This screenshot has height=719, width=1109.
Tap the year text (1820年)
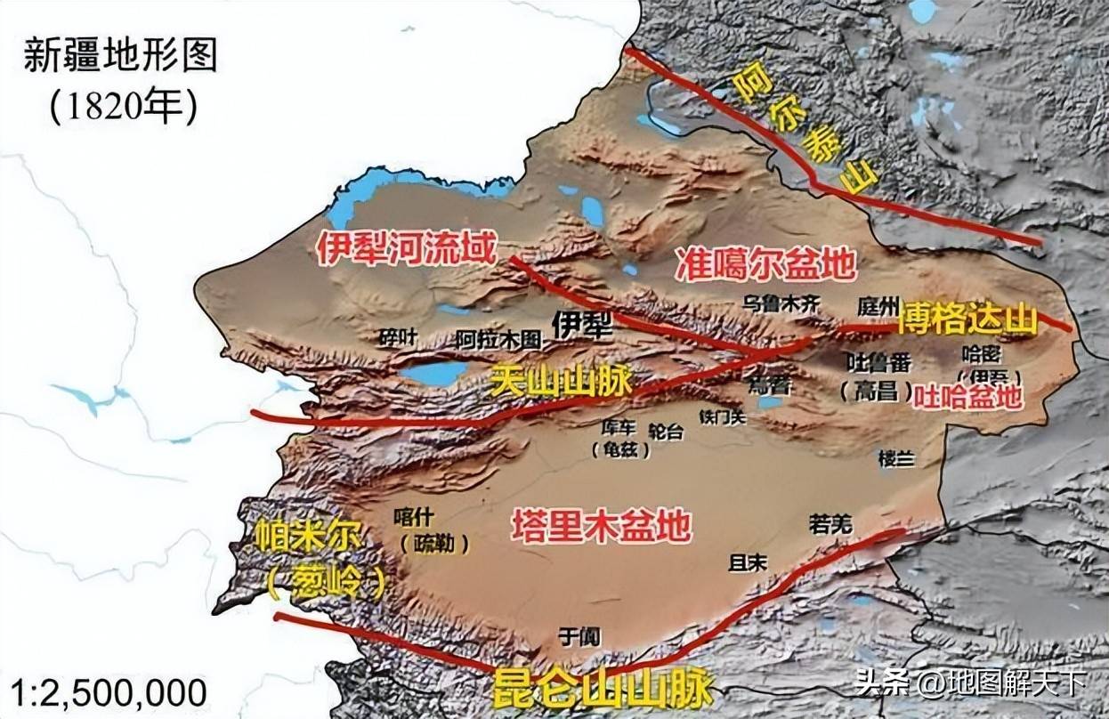coord(120,106)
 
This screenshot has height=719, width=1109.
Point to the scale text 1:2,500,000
coord(104,691)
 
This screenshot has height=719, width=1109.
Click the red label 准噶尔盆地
coord(766,264)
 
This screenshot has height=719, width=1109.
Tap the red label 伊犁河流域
coord(405,250)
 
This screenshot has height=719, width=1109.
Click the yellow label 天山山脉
coord(561,381)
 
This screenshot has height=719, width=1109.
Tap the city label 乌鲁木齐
coord(781,303)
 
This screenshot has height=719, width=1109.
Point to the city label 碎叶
coord(397,338)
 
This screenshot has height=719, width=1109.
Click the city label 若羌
coord(830,524)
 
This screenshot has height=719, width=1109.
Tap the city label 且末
coord(748,562)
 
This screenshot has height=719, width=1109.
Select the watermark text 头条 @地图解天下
coord(970,683)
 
